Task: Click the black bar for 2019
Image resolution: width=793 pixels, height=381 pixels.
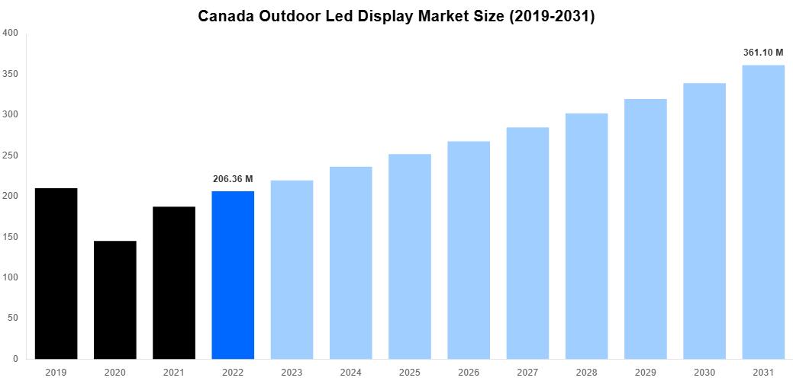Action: (56, 274)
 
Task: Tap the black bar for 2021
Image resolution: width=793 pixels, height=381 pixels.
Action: (174, 283)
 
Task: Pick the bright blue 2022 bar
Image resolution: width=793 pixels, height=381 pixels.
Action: (233, 275)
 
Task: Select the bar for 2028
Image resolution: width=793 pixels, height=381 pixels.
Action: (586, 236)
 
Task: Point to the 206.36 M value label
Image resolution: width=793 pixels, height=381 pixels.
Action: (232, 179)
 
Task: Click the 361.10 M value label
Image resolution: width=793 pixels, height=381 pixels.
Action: (764, 53)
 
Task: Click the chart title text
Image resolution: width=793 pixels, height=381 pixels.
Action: (396, 16)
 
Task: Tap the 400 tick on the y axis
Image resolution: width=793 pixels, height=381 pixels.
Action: (11, 33)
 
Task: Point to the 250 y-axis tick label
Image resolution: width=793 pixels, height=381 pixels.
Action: (11, 155)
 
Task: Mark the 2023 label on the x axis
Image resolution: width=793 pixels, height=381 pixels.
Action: (292, 372)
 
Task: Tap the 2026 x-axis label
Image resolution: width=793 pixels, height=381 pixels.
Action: (469, 372)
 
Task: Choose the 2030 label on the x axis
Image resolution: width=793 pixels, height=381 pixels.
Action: (704, 372)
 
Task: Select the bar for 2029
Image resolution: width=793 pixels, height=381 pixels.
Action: (646, 229)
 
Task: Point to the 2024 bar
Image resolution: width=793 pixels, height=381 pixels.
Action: (350, 262)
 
